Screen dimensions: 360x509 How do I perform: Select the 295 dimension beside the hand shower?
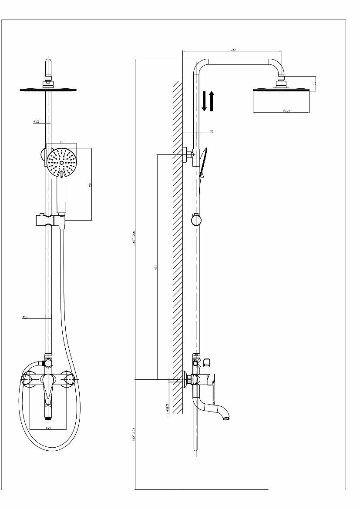[90, 184]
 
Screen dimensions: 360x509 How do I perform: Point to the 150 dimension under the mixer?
[48, 429]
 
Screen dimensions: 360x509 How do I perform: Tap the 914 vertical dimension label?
[155, 266]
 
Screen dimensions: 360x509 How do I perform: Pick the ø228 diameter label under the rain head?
[286, 111]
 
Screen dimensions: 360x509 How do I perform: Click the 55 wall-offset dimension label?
[212, 131]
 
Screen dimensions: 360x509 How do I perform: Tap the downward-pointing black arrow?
[204, 101]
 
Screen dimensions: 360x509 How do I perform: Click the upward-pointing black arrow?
[212, 100]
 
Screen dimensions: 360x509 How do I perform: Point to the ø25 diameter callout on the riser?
[25, 318]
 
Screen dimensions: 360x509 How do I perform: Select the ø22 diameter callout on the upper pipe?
[36, 122]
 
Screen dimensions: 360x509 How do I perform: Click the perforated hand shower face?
[61, 162]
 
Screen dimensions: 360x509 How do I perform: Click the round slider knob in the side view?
[196, 220]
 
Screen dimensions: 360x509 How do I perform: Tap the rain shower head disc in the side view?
[281, 90]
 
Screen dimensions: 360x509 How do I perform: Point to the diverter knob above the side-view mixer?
[206, 361]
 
